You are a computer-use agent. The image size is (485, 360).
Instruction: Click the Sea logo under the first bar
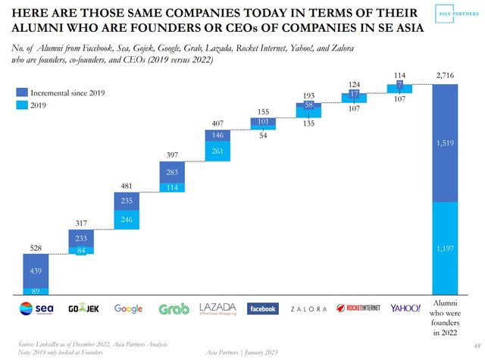pos(36,308)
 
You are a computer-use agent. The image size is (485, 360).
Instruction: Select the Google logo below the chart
pos(128,308)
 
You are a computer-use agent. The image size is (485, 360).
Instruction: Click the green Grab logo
pos(174,308)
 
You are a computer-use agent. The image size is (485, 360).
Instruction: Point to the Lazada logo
pos(218,308)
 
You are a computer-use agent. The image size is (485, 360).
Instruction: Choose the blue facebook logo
pos(263,308)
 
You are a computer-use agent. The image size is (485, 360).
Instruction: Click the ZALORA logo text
pos(308,308)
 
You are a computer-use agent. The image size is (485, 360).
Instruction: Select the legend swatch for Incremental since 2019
pos(22,92)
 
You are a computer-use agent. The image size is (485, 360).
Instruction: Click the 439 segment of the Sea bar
pos(36,270)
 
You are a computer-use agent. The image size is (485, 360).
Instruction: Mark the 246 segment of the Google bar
pos(128,220)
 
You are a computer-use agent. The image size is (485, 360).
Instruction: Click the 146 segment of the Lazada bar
pos(218,135)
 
